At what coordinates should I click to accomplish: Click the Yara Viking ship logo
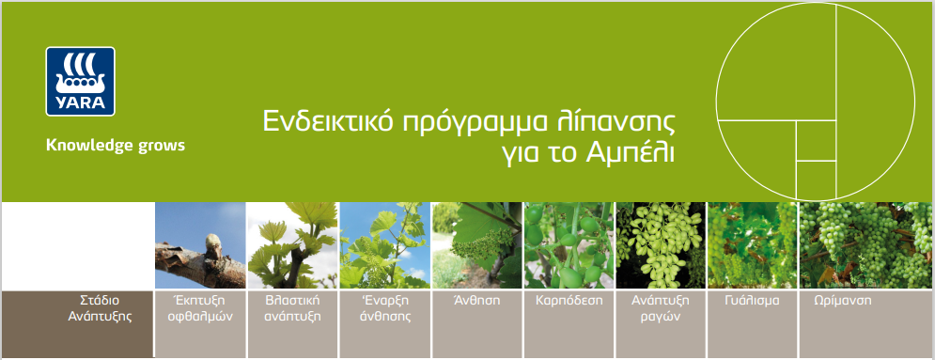point(81,81)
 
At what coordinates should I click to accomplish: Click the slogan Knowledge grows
point(115,146)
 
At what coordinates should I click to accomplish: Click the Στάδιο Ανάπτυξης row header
point(100,308)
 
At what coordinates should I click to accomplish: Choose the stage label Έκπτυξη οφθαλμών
point(200,308)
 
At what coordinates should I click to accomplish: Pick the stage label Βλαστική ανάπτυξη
point(292,308)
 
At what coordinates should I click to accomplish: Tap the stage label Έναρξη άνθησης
point(384,308)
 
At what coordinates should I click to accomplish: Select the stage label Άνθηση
point(477,301)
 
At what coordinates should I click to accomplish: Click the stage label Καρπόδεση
point(569,301)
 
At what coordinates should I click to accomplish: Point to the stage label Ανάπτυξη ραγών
point(660,308)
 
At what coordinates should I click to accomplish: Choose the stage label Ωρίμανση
point(843,301)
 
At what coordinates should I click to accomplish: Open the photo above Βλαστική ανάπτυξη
point(292,245)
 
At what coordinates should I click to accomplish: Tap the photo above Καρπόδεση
point(569,245)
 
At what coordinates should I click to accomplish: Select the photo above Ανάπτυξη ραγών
point(660,245)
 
